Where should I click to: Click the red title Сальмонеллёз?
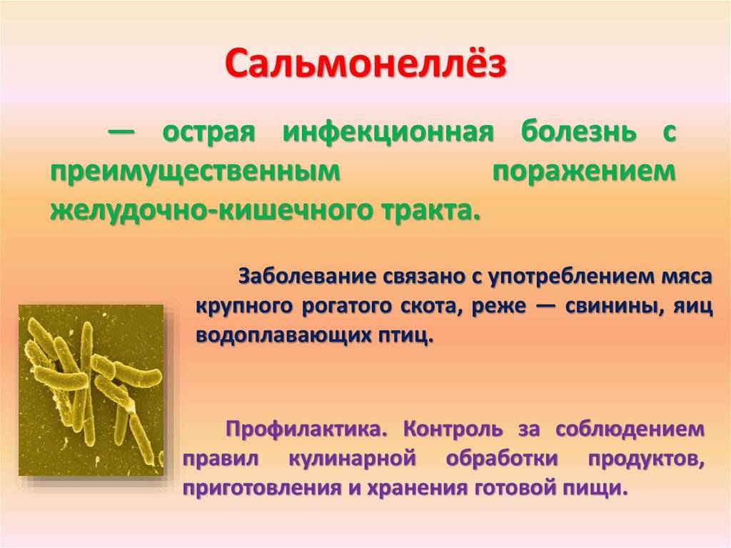(366, 63)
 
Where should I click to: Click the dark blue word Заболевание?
(308, 277)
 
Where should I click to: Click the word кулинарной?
(352, 459)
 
